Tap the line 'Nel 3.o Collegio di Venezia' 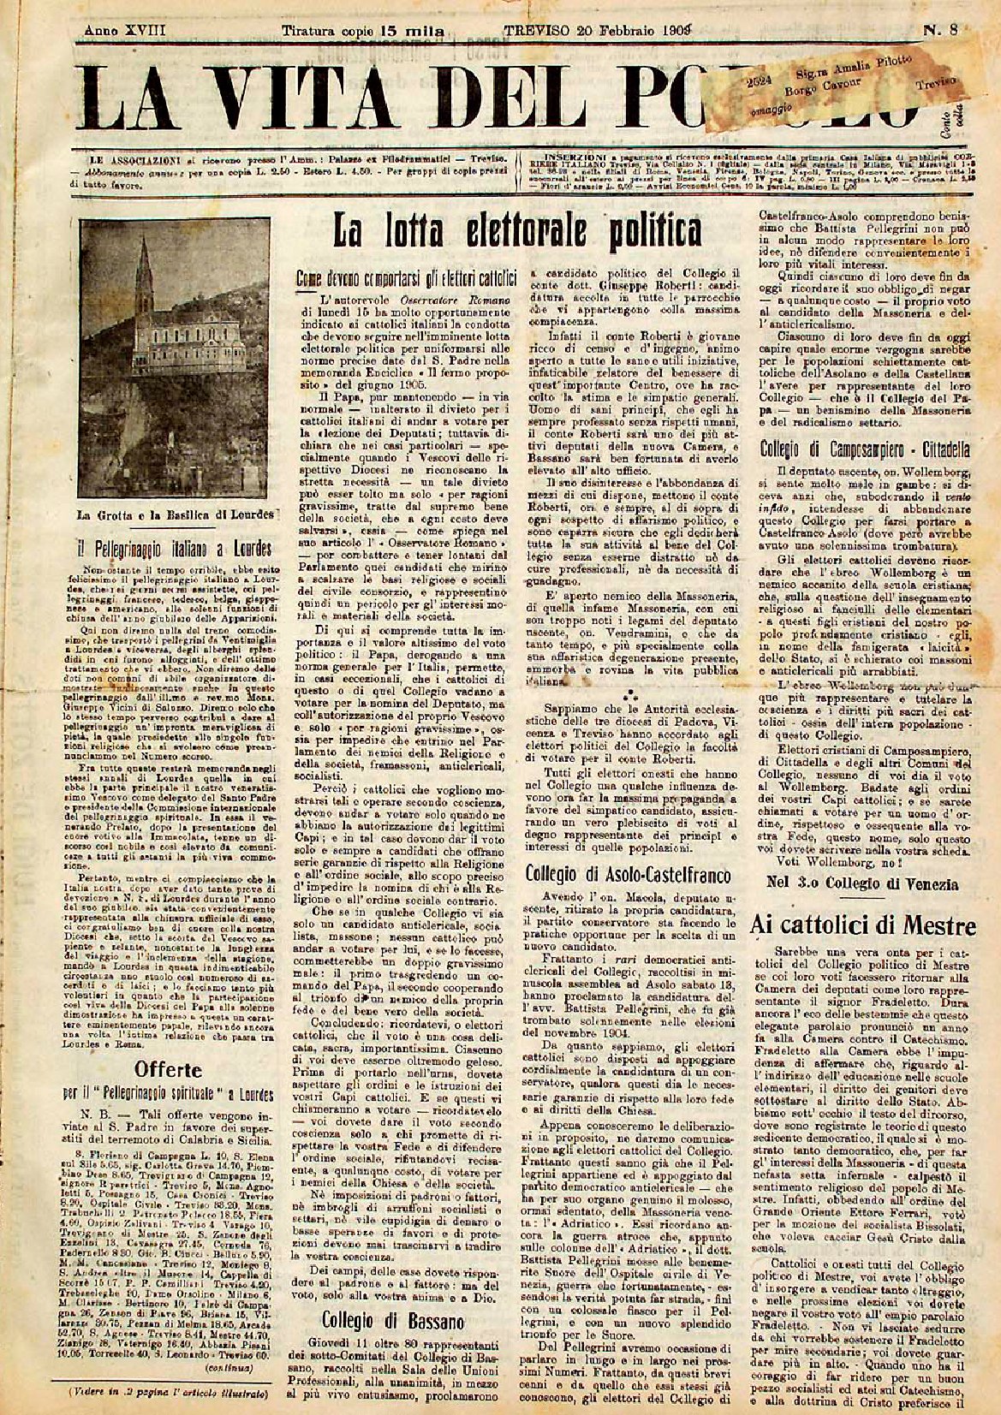coord(863,884)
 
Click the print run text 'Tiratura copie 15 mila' coord(363,32)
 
